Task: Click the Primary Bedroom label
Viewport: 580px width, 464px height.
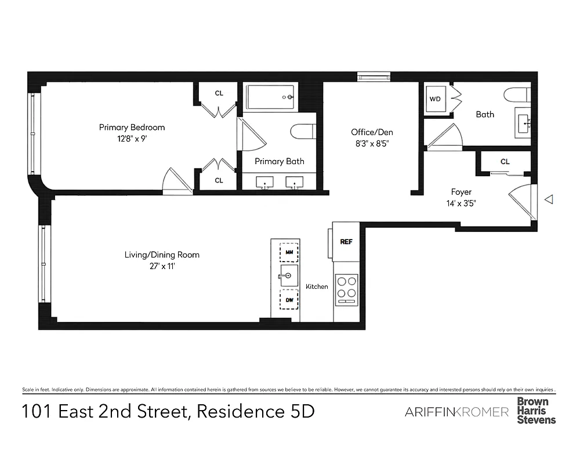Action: [132, 128]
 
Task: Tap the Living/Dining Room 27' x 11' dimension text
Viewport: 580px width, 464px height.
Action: [162, 266]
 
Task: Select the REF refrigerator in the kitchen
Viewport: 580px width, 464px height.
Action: [346, 242]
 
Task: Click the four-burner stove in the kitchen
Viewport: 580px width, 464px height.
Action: [347, 288]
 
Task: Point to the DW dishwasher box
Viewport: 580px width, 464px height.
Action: [289, 300]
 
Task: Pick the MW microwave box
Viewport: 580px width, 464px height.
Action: [289, 252]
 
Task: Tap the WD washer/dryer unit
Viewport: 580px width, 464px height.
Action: [435, 99]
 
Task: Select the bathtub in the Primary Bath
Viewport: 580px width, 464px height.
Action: [271, 97]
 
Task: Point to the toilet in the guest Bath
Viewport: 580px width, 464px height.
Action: [516, 95]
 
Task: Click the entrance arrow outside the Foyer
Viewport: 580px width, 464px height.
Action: [549, 200]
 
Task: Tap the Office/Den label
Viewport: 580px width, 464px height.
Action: [368, 132]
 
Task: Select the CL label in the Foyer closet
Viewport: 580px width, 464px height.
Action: [505, 162]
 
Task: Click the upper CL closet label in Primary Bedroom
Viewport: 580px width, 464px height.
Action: [219, 93]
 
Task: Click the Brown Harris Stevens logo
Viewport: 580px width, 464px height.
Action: [536, 410]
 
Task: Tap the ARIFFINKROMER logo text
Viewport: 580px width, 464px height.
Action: [456, 412]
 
